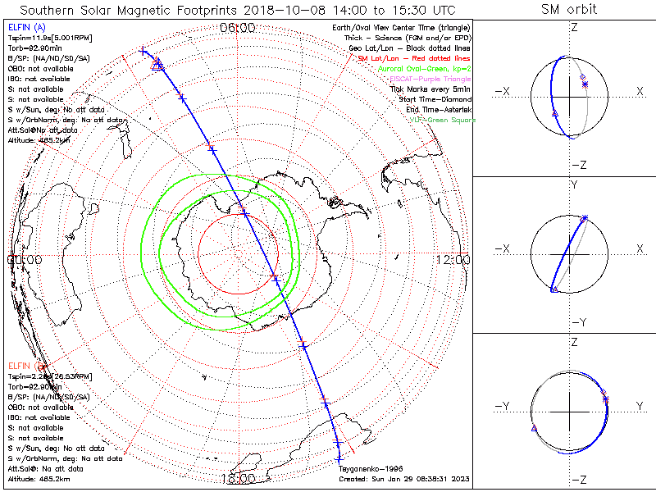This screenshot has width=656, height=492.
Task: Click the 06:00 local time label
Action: coord(238,28)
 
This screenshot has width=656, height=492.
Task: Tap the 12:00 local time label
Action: coord(453,259)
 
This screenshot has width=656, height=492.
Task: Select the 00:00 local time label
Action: coord(25,259)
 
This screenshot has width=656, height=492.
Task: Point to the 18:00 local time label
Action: coord(238,477)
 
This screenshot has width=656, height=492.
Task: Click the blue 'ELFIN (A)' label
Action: coord(26,27)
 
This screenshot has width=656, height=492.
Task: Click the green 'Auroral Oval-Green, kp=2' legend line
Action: coord(424,69)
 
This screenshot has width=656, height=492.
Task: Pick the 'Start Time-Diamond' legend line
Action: coord(435,99)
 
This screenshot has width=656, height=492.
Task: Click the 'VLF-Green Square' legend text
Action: coord(442,121)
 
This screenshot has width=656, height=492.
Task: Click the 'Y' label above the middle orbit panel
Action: coord(574,185)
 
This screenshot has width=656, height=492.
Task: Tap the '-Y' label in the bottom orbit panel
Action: coord(504,407)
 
